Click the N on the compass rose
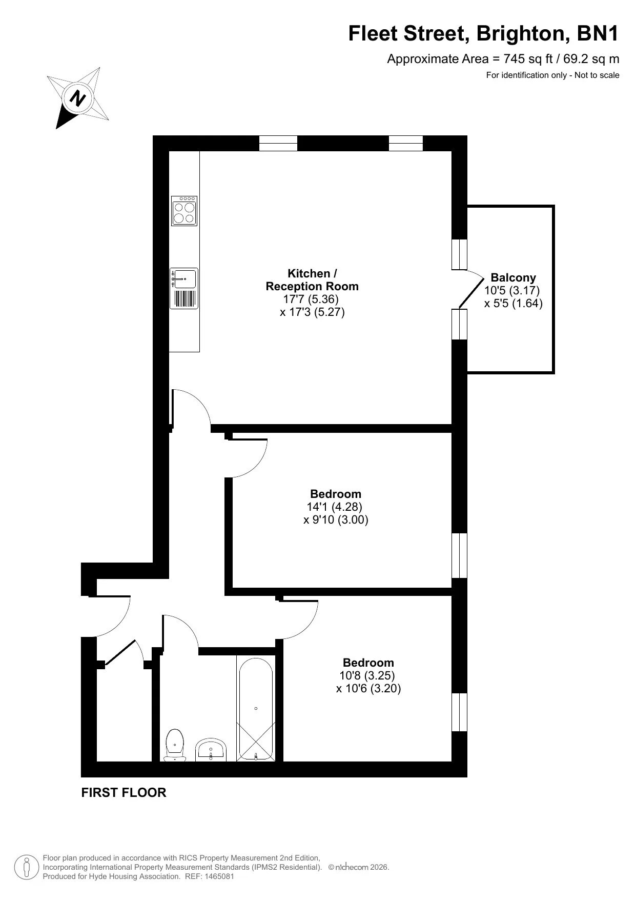click(78, 97)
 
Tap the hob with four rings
click(184, 211)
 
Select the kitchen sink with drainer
click(184, 288)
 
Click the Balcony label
click(513, 277)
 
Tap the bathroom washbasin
click(211, 749)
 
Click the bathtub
click(256, 708)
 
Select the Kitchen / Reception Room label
click(312, 279)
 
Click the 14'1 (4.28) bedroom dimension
click(335, 507)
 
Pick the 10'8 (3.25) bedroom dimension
click(367, 675)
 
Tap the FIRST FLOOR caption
click(124, 792)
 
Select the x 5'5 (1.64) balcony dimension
click(514, 303)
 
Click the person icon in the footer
click(27, 867)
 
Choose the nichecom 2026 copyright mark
click(359, 867)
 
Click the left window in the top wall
click(278, 143)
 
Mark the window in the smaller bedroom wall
click(460, 712)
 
